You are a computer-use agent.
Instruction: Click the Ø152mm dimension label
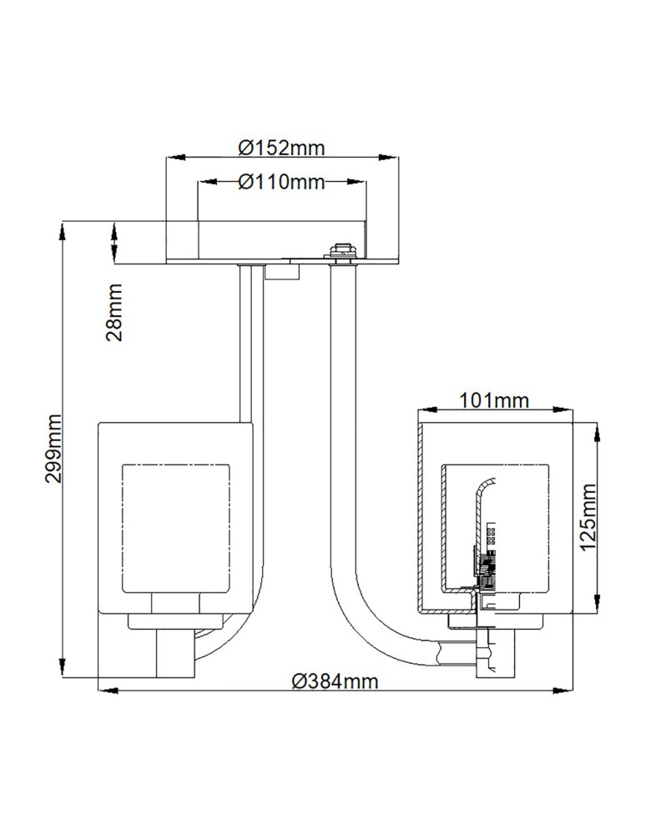click(x=280, y=148)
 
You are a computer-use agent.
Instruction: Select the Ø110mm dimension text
click(x=280, y=183)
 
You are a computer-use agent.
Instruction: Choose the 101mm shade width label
click(x=495, y=401)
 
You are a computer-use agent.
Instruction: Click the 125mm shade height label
click(x=588, y=517)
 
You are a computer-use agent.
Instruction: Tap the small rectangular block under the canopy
click(x=280, y=271)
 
